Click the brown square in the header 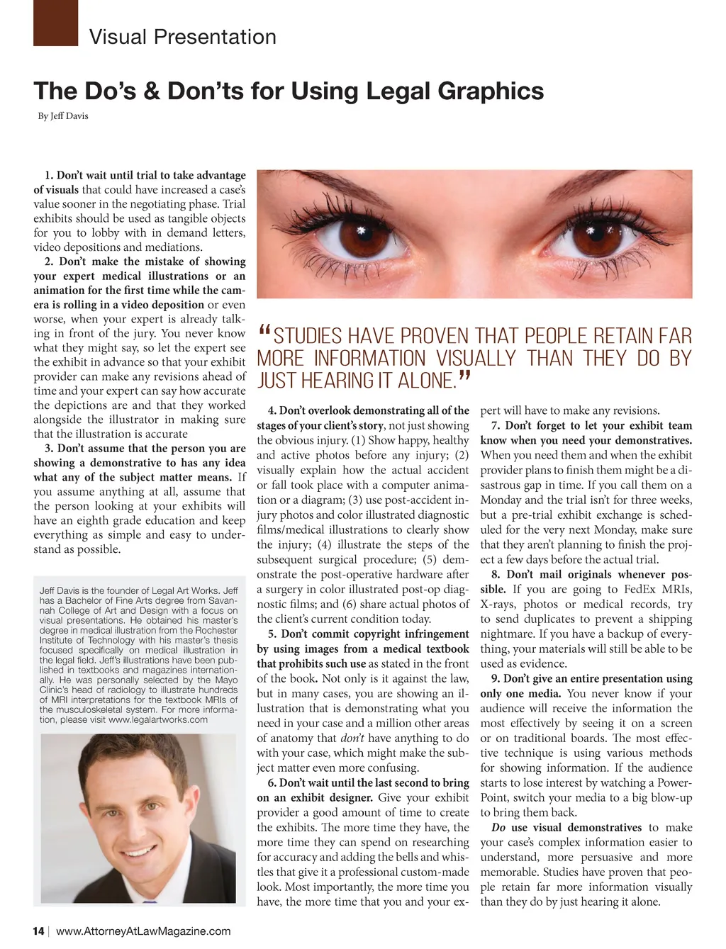tap(55, 23)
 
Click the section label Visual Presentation tap(183, 37)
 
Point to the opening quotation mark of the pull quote tap(264, 332)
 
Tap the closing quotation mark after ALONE tap(465, 378)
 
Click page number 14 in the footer tap(39, 931)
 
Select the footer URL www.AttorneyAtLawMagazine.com tap(143, 931)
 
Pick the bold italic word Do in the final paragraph tap(498, 828)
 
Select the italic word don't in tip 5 tap(362, 738)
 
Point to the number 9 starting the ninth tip tap(496, 679)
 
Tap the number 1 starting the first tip tap(48, 175)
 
